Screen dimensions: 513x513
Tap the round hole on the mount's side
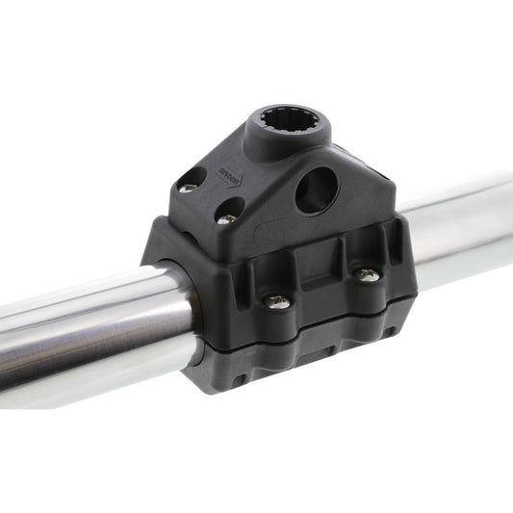click(316, 191)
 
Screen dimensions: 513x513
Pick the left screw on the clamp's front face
click(278, 301)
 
